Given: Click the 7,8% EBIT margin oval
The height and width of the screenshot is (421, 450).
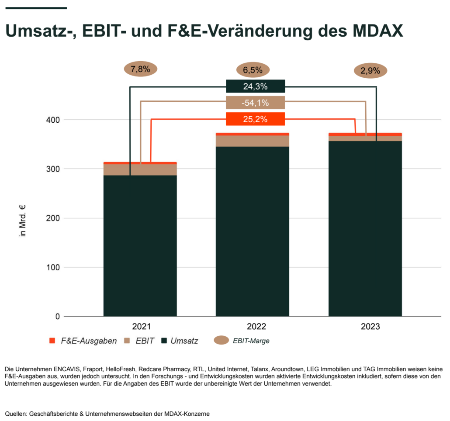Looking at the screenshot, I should [140, 69].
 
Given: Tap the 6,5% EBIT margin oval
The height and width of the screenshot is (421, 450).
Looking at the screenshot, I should [253, 70].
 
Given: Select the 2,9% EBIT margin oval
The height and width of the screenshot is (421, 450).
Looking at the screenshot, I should [370, 70].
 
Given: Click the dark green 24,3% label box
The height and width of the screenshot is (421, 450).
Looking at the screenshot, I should [255, 86].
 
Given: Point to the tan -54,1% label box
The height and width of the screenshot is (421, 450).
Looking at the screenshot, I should [255, 103].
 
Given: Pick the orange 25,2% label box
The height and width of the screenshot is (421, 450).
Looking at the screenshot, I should [255, 119].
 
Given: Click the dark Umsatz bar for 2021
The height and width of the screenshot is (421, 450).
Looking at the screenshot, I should [140, 245].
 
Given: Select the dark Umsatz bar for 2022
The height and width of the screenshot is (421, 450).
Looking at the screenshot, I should [253, 231].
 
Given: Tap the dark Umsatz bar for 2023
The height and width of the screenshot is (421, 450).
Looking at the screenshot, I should [365, 229].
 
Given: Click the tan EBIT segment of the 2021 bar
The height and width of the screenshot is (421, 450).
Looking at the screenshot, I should [140, 169].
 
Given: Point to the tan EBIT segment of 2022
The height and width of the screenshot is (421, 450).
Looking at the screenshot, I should [253, 141].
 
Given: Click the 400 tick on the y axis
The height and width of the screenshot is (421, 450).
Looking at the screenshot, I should [53, 120].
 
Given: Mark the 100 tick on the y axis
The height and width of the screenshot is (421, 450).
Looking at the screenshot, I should [53, 267].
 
